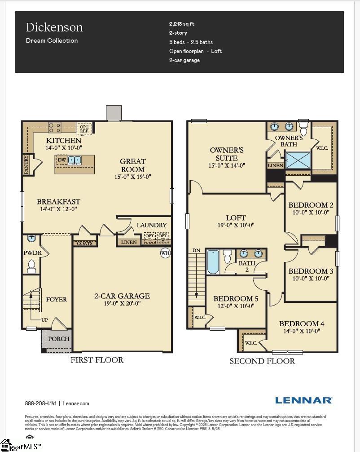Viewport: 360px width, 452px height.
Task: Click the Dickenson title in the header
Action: (x=54, y=27)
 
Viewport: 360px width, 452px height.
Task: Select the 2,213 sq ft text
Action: (x=182, y=24)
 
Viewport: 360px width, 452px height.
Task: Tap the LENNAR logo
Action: (x=303, y=400)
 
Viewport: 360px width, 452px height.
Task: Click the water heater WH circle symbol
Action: (x=165, y=253)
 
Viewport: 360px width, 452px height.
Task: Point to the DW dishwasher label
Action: (x=62, y=160)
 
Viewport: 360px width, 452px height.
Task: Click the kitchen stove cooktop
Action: (x=55, y=128)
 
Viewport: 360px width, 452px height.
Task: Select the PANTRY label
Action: (x=26, y=164)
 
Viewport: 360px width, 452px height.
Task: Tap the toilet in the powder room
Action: (x=31, y=267)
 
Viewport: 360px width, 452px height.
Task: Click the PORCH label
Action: (x=59, y=338)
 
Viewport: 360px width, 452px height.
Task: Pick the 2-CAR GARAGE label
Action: (x=122, y=296)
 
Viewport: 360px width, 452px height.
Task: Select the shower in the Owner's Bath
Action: (x=298, y=160)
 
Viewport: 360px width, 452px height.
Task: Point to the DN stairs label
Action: (x=196, y=250)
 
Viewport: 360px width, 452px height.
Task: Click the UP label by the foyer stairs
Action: (x=44, y=320)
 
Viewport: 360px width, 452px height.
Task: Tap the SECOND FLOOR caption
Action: (x=262, y=361)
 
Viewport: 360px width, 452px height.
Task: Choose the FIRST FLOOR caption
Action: (x=97, y=360)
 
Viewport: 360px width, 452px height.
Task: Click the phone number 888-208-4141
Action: (x=40, y=403)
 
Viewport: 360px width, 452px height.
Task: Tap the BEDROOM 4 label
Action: (x=302, y=323)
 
